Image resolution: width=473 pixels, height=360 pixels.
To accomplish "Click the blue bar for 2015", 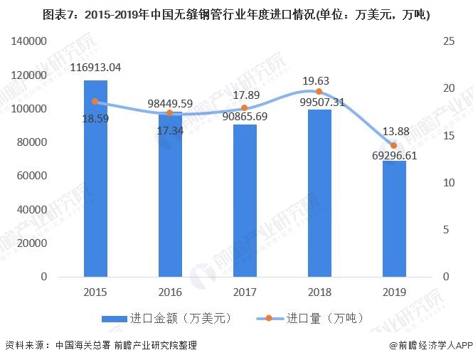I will click(x=95, y=178).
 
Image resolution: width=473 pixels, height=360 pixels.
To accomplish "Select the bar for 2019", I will click(x=394, y=218).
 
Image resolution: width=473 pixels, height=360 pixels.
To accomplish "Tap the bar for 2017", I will click(x=245, y=200).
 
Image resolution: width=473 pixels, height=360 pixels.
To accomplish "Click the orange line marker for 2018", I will click(x=319, y=92).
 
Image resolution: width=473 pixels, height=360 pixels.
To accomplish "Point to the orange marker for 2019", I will click(x=394, y=145).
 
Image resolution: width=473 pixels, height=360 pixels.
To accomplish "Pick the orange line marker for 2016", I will click(x=170, y=113).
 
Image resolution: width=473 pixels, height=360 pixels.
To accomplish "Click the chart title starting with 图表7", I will click(x=236, y=14).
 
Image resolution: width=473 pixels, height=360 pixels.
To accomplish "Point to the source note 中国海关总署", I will click(x=84, y=345).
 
